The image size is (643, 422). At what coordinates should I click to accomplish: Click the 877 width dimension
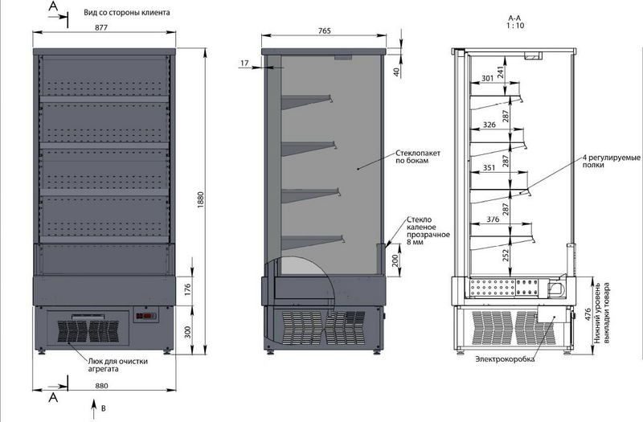pyautogui.click(x=101, y=27)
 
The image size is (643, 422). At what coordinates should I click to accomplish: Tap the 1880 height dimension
pyautogui.click(x=200, y=199)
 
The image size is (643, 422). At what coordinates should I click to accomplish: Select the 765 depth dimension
pyautogui.click(x=324, y=31)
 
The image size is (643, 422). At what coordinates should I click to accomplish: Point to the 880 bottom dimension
pyautogui.click(x=101, y=386)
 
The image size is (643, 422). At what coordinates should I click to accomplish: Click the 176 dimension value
pyautogui.click(x=188, y=289)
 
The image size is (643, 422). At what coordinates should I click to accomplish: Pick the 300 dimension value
pyautogui.click(x=188, y=332)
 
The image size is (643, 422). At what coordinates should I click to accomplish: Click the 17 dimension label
pyautogui.click(x=245, y=64)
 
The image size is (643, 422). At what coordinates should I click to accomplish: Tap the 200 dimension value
pyautogui.click(x=395, y=260)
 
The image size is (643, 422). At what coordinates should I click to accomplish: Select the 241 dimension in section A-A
pyautogui.click(x=500, y=72)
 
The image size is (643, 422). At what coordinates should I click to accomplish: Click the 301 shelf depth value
pyautogui.click(x=487, y=78)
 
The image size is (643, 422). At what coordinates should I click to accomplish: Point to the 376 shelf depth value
pyautogui.click(x=493, y=219)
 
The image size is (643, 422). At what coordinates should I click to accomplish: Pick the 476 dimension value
pyautogui.click(x=587, y=315)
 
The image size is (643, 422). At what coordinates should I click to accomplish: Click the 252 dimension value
pyautogui.click(x=506, y=255)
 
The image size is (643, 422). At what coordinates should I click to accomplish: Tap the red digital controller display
pyautogui.click(x=146, y=316)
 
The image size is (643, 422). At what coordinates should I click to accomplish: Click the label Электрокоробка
pyautogui.click(x=506, y=359)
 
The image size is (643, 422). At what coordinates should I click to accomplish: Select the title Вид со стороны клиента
pyautogui.click(x=127, y=13)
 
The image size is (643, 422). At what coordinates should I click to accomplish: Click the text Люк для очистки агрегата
pyautogui.click(x=118, y=365)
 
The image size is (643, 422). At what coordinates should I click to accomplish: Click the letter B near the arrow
pyautogui.click(x=104, y=408)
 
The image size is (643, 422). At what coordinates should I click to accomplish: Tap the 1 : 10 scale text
pyautogui.click(x=515, y=26)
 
